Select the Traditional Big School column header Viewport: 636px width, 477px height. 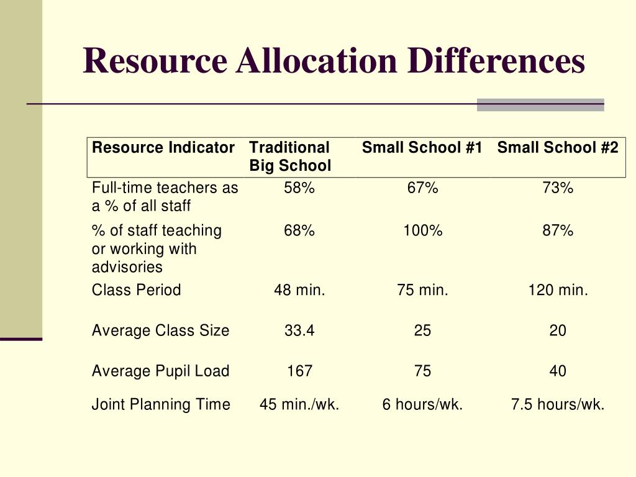point(290,157)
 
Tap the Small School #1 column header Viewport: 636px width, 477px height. point(422,148)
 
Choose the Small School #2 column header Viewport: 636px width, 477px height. point(558,148)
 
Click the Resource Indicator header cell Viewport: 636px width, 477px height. point(163,148)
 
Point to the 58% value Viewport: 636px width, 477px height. point(299,188)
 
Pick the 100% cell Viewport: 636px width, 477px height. point(422,231)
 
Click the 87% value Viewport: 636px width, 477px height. point(558,231)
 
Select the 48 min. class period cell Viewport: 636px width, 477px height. point(299,290)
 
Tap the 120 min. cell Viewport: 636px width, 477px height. point(558,290)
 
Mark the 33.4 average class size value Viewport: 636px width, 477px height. point(299,331)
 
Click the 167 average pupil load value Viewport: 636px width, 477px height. point(299,371)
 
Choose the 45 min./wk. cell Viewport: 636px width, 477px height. point(299,405)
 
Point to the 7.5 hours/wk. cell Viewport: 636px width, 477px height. point(558,405)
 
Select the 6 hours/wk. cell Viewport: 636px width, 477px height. point(422,405)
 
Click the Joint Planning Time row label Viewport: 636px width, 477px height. point(161,405)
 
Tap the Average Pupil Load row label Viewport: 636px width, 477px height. point(160,371)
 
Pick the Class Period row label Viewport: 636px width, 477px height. point(137,290)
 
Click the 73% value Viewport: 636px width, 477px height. point(558,188)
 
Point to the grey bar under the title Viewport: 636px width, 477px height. point(540,105)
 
